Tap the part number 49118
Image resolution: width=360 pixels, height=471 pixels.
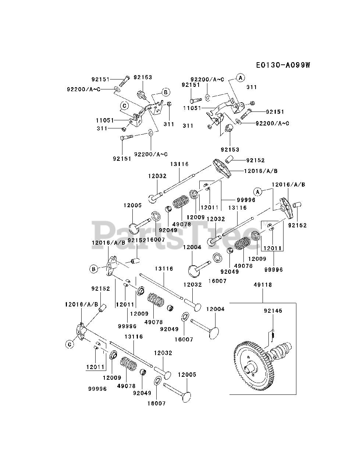click(x=262, y=285)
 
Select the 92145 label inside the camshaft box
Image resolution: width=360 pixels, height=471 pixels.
click(x=273, y=311)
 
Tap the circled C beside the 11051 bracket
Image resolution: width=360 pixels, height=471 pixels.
click(x=125, y=106)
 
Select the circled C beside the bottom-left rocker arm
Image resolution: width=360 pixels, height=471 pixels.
click(x=68, y=344)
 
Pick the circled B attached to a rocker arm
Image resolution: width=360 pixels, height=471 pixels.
click(x=94, y=269)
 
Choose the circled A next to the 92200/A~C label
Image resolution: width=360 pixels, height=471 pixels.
click(x=240, y=78)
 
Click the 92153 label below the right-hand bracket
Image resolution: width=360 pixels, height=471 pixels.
click(x=230, y=149)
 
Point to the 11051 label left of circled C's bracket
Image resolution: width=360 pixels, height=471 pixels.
click(x=104, y=120)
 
